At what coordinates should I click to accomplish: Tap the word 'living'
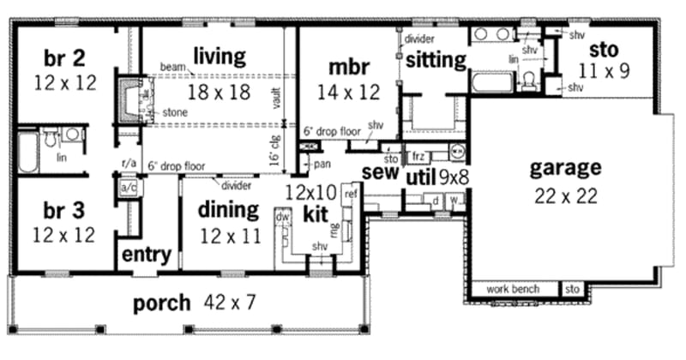[219, 57]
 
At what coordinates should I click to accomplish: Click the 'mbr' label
[348, 66]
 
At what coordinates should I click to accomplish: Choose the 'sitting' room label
[436, 59]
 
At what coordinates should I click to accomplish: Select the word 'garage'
[565, 167]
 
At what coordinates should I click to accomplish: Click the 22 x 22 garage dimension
[565, 195]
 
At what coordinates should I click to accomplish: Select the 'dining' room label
[229, 209]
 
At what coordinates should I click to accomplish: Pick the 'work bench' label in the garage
[513, 289]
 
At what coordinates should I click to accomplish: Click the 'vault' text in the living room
[277, 102]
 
